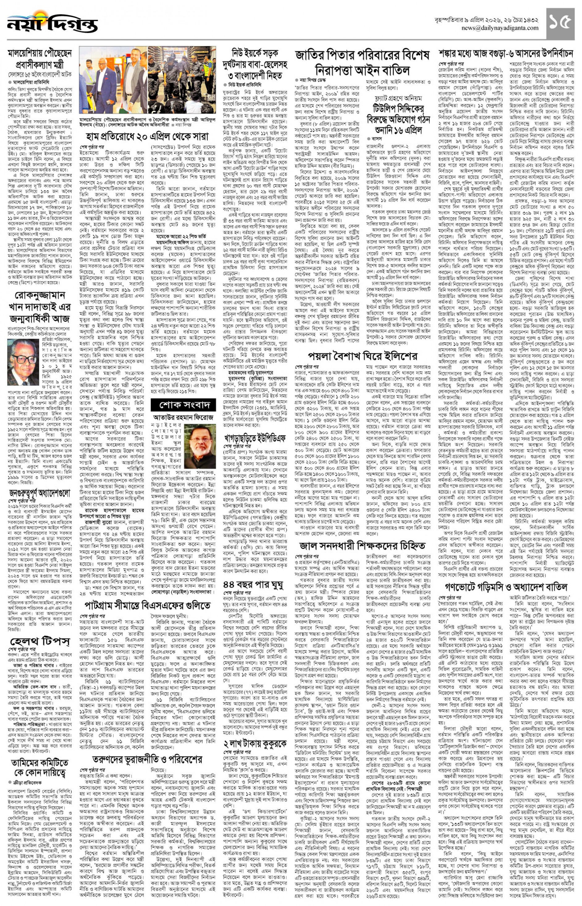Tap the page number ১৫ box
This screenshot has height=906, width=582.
tap(560, 23)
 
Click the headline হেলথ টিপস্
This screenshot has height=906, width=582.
tap(40, 641)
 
